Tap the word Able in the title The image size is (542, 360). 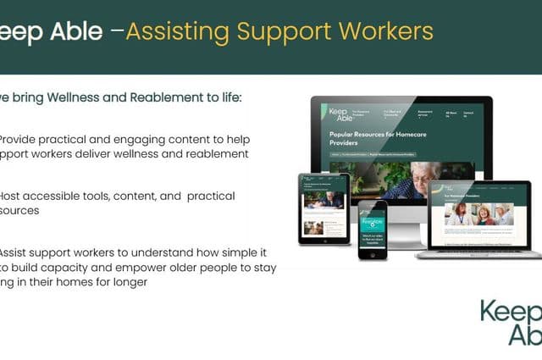click(x=75, y=32)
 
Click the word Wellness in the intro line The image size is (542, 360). click(x=69, y=98)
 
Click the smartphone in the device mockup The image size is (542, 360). click(x=372, y=230)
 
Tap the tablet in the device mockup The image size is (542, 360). click(x=324, y=208)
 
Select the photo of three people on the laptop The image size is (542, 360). click(x=480, y=214)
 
